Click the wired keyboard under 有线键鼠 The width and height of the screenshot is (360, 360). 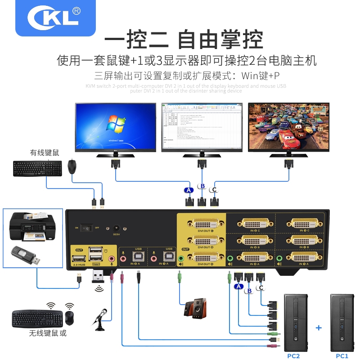(x=37, y=168)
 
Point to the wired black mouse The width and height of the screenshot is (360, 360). (x=72, y=167)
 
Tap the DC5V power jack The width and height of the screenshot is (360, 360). (x=117, y=229)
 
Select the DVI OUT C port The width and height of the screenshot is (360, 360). (x=202, y=224)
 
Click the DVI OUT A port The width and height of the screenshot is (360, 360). (x=202, y=258)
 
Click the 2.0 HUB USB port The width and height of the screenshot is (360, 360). (x=78, y=259)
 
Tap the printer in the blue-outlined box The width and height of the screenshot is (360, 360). (x=32, y=228)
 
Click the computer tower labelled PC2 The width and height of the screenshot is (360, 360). (x=296, y=322)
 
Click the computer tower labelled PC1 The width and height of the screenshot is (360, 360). (x=342, y=322)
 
